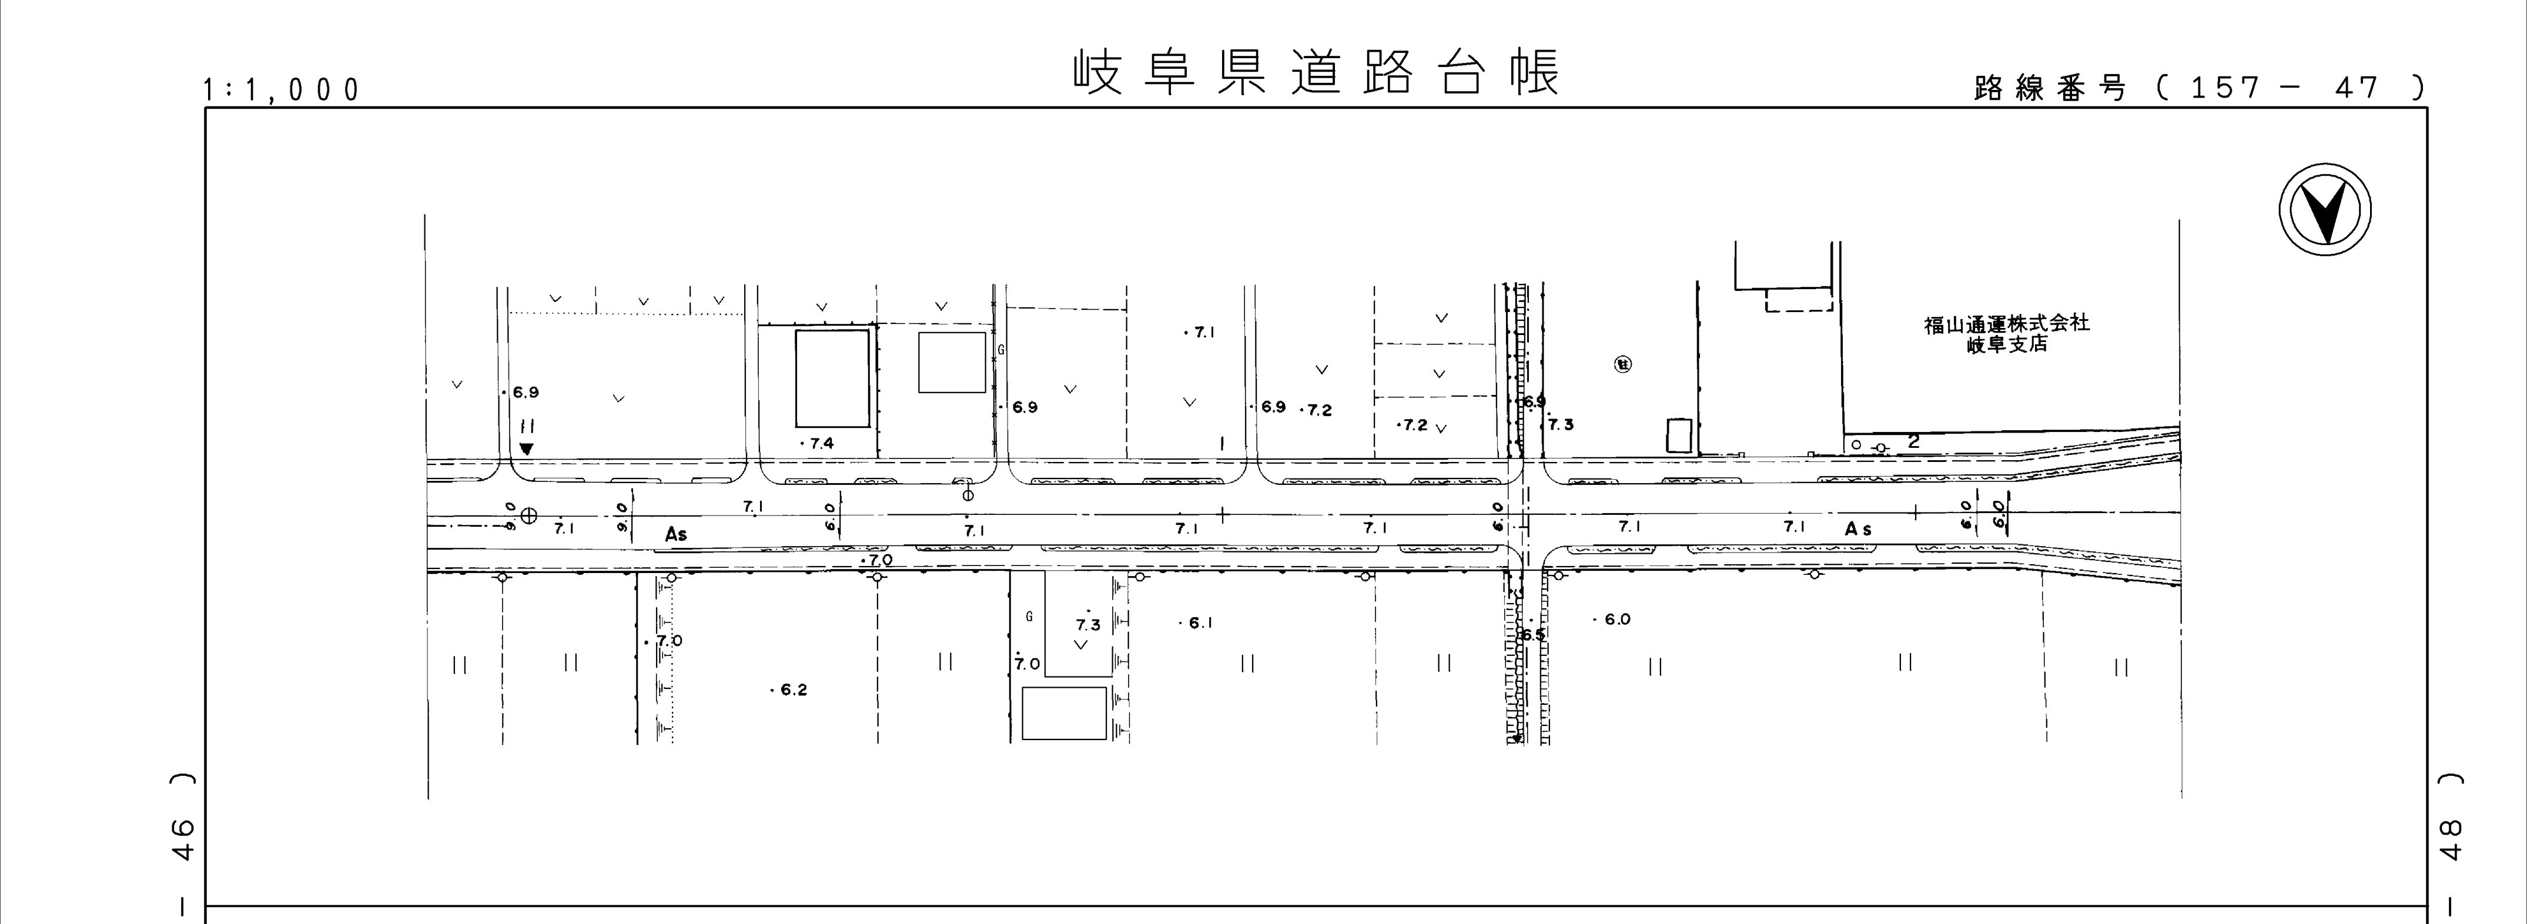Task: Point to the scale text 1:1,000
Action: click(x=282, y=91)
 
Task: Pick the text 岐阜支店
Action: click(x=2006, y=345)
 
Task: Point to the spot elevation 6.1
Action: click(x=1201, y=623)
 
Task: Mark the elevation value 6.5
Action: click(x=1532, y=635)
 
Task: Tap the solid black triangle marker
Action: click(x=527, y=449)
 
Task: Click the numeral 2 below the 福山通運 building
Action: click(x=1913, y=443)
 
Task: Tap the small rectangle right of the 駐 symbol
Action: click(x=1679, y=436)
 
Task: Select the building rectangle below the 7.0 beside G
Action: click(x=1065, y=712)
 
